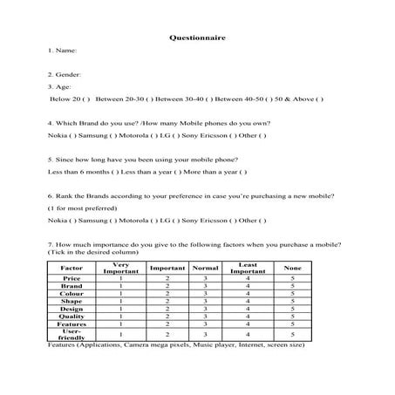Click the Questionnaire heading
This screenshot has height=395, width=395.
click(197, 38)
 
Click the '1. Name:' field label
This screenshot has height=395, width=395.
click(63, 51)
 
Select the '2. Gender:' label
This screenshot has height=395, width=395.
click(65, 75)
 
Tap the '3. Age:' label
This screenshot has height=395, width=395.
click(60, 87)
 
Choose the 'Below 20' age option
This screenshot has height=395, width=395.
click(68, 99)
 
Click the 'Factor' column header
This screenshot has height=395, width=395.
click(72, 267)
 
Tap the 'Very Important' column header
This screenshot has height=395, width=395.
click(120, 267)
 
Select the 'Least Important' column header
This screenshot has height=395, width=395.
click(248, 267)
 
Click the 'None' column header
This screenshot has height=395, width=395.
click(294, 267)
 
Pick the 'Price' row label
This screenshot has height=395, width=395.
click(72, 277)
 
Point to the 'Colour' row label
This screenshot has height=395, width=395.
click(72, 293)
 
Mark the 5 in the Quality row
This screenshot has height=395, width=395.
click(294, 316)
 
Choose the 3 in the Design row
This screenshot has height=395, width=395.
click(204, 308)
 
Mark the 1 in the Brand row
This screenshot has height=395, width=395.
click(120, 285)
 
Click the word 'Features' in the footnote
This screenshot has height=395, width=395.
click(65, 345)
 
